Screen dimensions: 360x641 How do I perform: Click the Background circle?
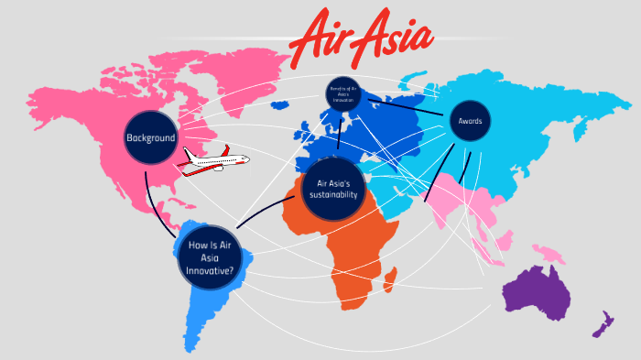coord(150,137)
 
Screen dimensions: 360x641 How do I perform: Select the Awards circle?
coord(470,120)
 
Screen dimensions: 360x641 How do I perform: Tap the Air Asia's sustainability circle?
coord(334,188)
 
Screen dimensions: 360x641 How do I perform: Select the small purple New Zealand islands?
coord(603,323)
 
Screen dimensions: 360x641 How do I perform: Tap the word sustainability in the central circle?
coord(334,194)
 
